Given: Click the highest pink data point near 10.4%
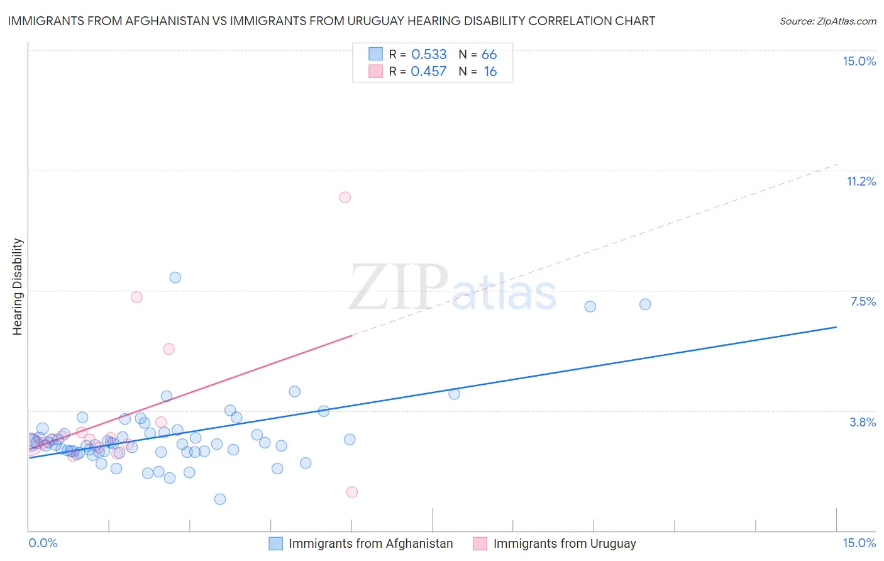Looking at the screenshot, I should (x=345, y=197).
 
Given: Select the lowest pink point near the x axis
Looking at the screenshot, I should (x=352, y=492).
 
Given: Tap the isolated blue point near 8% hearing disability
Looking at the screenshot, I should (x=175, y=277).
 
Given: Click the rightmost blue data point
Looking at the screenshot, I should (x=645, y=304).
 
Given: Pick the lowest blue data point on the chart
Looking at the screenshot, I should (x=220, y=499).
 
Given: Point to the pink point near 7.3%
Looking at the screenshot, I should (x=136, y=297).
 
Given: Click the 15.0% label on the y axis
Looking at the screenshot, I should (x=859, y=61).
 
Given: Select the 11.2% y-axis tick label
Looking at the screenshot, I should (x=861, y=181).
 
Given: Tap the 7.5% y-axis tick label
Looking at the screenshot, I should (x=863, y=301).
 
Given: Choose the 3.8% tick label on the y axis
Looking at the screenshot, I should (x=863, y=422).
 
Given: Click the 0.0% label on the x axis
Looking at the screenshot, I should (x=43, y=543).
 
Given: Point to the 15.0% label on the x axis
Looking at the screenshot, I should (x=859, y=543).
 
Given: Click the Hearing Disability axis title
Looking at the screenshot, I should (x=18, y=287).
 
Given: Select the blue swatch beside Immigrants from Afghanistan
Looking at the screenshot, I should (x=276, y=543).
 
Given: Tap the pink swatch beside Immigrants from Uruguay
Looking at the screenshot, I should (x=480, y=543).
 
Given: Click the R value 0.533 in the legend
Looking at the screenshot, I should (x=429, y=55).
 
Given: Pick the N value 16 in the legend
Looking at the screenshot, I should (x=490, y=72).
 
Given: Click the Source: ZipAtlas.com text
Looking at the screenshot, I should (x=827, y=21).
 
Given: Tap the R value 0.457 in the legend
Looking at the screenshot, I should (x=429, y=72).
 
